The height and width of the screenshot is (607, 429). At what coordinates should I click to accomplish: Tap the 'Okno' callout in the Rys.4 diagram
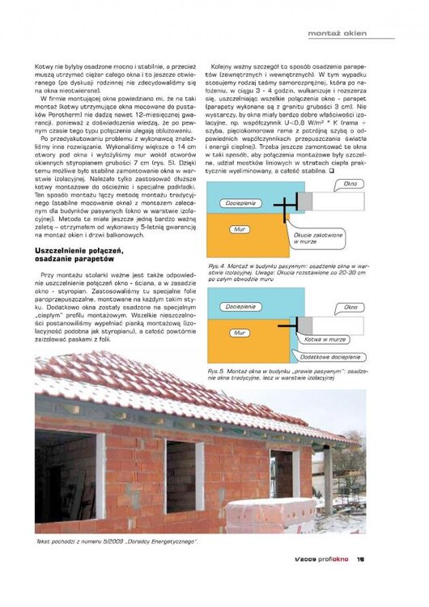350,184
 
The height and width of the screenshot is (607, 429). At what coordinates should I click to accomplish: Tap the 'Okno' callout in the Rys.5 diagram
350,308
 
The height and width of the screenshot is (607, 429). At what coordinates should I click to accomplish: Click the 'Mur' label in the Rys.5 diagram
240,332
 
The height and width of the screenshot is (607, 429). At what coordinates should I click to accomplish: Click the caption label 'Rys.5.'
216,370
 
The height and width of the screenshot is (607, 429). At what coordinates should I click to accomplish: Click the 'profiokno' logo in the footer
332,558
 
